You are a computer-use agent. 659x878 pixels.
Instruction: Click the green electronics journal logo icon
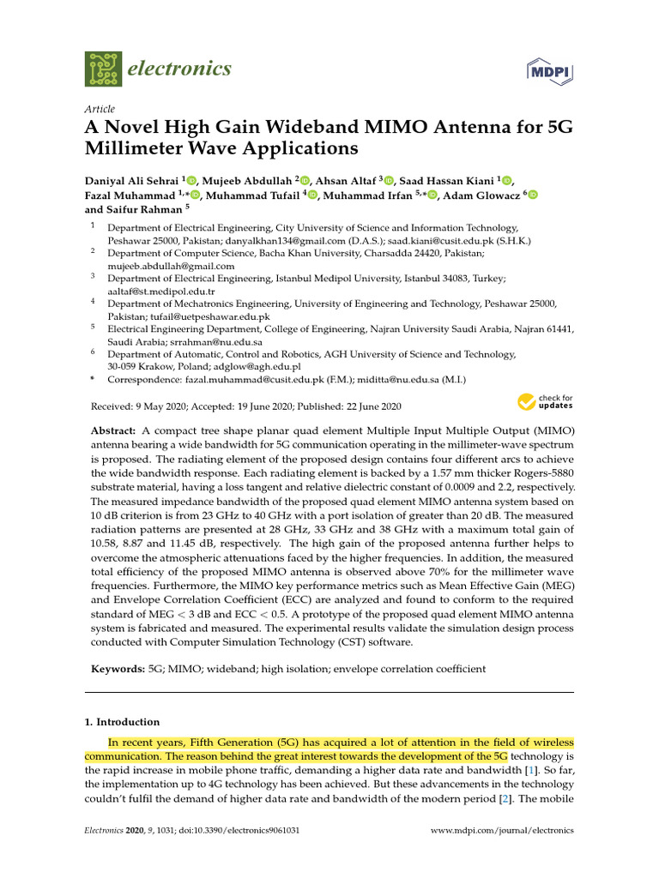(104, 69)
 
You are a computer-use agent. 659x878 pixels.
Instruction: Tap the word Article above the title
(100, 109)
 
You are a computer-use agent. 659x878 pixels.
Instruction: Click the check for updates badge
(544, 401)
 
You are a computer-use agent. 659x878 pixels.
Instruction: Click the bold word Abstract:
(113, 429)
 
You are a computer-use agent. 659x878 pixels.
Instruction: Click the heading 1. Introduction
(122, 722)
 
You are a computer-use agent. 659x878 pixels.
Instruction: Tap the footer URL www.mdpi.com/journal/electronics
(501, 831)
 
